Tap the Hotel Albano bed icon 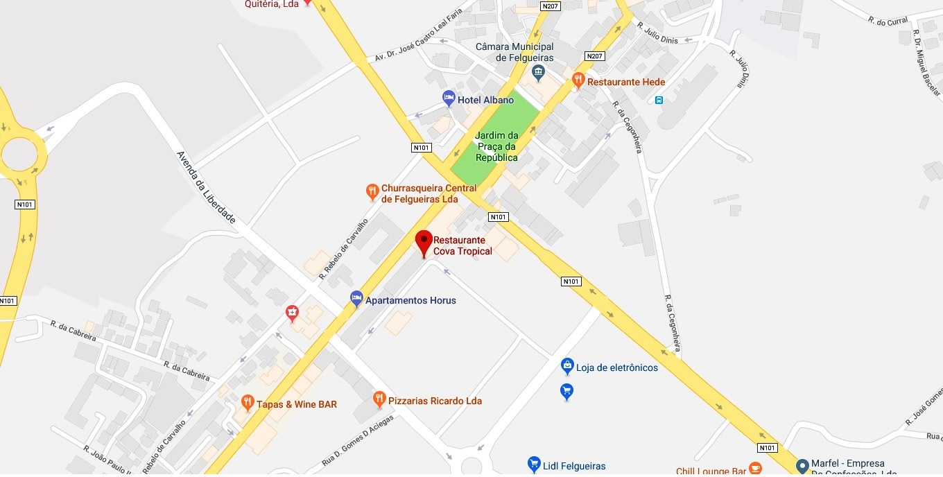point(449,98)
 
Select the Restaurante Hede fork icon point(578,81)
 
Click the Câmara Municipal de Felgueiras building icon point(537,71)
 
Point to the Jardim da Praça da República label point(496,146)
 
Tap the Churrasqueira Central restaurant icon point(372,191)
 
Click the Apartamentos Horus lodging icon point(356,299)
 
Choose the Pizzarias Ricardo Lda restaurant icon point(379,399)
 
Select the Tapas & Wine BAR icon point(248,402)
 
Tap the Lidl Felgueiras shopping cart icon point(533,464)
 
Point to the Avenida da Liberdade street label point(206,187)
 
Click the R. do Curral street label point(888,21)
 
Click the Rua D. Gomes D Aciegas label point(357,441)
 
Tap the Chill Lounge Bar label point(711,471)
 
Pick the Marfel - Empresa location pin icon point(802,466)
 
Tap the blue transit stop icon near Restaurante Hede point(659,100)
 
